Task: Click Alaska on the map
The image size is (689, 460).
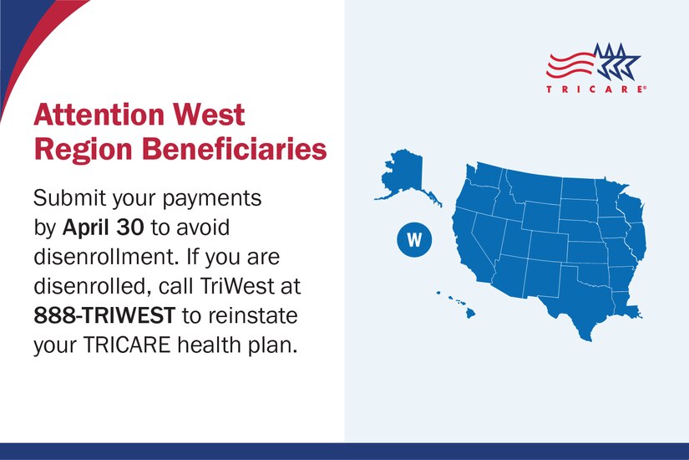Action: click(x=405, y=176)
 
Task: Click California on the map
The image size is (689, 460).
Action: click(x=477, y=251)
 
